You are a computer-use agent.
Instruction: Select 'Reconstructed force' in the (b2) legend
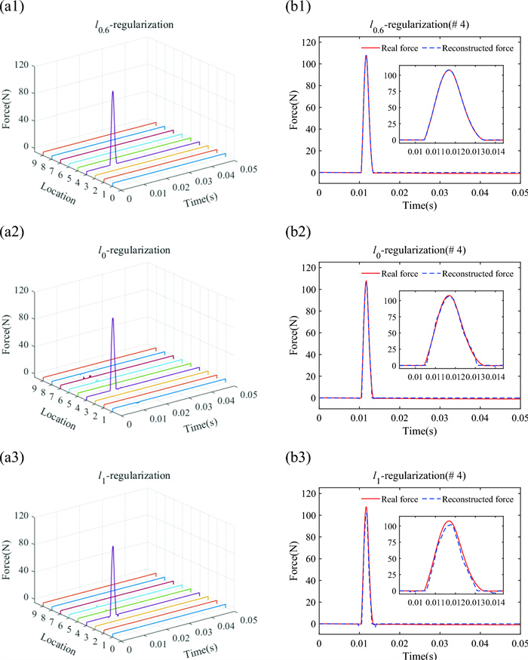click(480, 273)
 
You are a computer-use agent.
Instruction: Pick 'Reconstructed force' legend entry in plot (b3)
click(480, 499)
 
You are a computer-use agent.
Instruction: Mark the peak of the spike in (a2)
click(113, 318)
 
